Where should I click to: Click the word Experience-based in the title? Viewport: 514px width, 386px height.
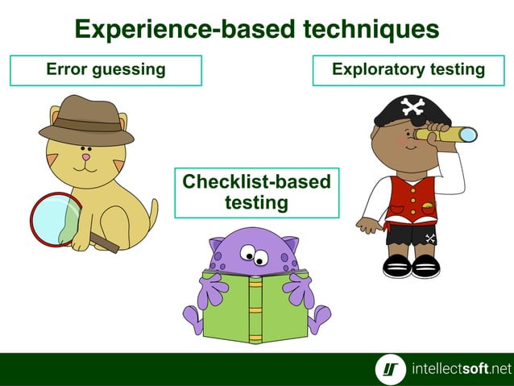(184, 30)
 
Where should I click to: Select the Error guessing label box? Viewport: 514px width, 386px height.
(106, 70)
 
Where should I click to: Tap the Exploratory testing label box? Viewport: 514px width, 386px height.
(408, 70)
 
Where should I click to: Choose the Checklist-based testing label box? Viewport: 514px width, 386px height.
(256, 193)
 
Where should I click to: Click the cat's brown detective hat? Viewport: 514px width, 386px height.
(85, 120)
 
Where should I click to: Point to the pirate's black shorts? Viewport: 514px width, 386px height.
(412, 235)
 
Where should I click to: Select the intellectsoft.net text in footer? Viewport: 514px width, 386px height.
(461, 370)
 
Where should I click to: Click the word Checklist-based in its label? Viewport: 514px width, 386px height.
(256, 182)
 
